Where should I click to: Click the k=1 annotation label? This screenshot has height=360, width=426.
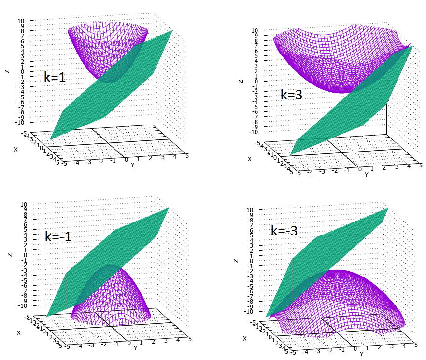coord(55,77)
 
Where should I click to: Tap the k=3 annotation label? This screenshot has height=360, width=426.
coord(291,94)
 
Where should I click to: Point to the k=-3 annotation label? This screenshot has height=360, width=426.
coord(284,231)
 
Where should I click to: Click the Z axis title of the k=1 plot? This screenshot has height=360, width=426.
coord(7,71)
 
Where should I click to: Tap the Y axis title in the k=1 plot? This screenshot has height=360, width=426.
coord(132,165)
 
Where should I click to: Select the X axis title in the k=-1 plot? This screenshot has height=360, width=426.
coord(19,332)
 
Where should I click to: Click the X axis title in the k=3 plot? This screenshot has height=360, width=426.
coord(250,159)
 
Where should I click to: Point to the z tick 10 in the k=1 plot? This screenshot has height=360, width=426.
coord(20,21)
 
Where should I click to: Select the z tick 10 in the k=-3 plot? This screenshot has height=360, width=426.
coord(250,210)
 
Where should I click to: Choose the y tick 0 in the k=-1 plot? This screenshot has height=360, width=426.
coord(129,343)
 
